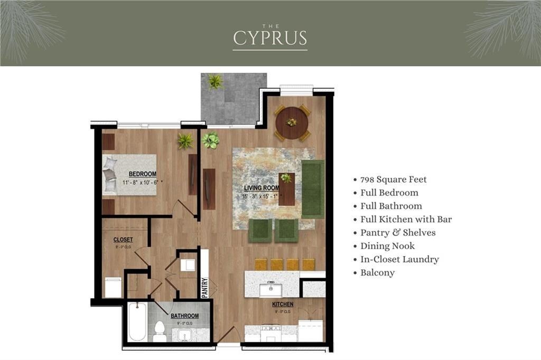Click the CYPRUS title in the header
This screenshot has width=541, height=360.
(270, 38)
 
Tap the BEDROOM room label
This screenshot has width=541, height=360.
(142, 174)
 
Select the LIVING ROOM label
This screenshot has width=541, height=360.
(262, 188)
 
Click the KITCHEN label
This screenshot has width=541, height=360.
(283, 305)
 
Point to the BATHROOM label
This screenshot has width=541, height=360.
(184, 316)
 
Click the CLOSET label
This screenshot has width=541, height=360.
(123, 240)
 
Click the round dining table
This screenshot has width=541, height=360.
(292, 123)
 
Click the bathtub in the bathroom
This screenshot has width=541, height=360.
(137, 322)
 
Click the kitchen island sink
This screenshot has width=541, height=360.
(270, 289)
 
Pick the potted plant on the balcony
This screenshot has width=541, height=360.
(215, 81)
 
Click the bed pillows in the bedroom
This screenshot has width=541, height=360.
(110, 175)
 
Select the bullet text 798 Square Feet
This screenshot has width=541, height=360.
(393, 179)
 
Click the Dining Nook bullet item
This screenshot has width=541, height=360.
(387, 246)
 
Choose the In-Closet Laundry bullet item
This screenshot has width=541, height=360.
(399, 259)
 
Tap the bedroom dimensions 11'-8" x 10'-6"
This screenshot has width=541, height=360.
(142, 182)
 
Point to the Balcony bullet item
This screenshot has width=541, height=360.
(377, 272)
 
